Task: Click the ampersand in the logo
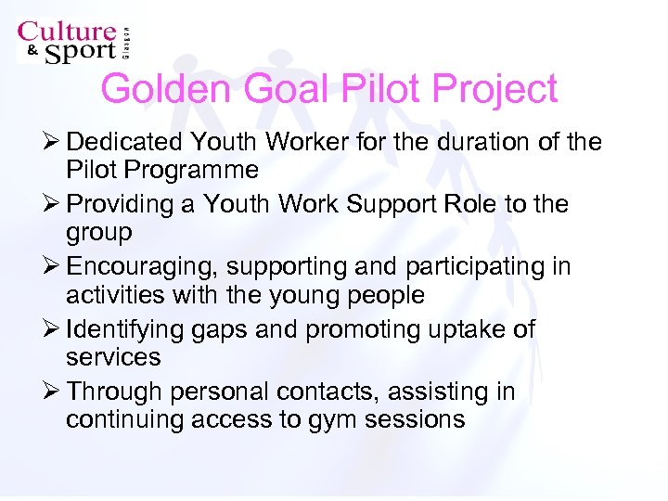point(30,52)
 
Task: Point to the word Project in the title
point(496,89)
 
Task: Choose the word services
point(113,357)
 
